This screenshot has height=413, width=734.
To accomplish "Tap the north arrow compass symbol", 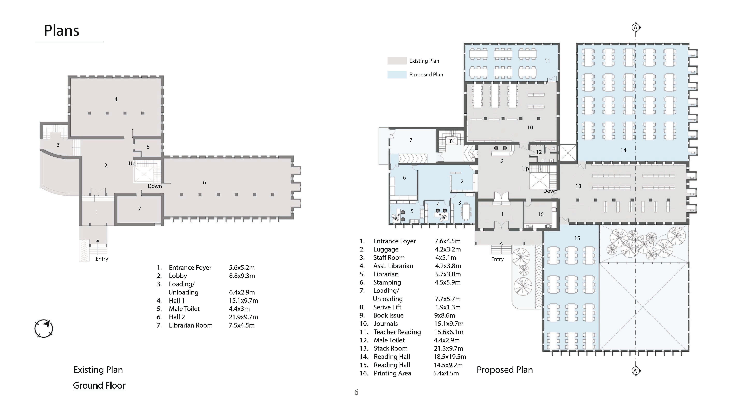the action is click(44, 328).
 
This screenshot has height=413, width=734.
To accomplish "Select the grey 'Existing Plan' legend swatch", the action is click(397, 61).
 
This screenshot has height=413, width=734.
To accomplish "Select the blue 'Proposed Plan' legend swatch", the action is click(397, 75).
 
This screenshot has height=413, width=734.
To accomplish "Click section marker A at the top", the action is click(635, 28).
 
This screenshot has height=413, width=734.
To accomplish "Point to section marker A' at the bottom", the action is click(635, 371).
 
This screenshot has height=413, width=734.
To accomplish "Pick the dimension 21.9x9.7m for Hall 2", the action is click(243, 317).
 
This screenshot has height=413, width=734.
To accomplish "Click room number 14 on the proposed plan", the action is click(623, 150).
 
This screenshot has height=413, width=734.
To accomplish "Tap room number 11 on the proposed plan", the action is click(547, 61).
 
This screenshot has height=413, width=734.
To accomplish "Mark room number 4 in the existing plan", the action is click(116, 99).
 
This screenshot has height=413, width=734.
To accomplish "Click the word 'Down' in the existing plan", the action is click(155, 186).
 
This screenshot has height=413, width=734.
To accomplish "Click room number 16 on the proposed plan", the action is click(541, 214).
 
